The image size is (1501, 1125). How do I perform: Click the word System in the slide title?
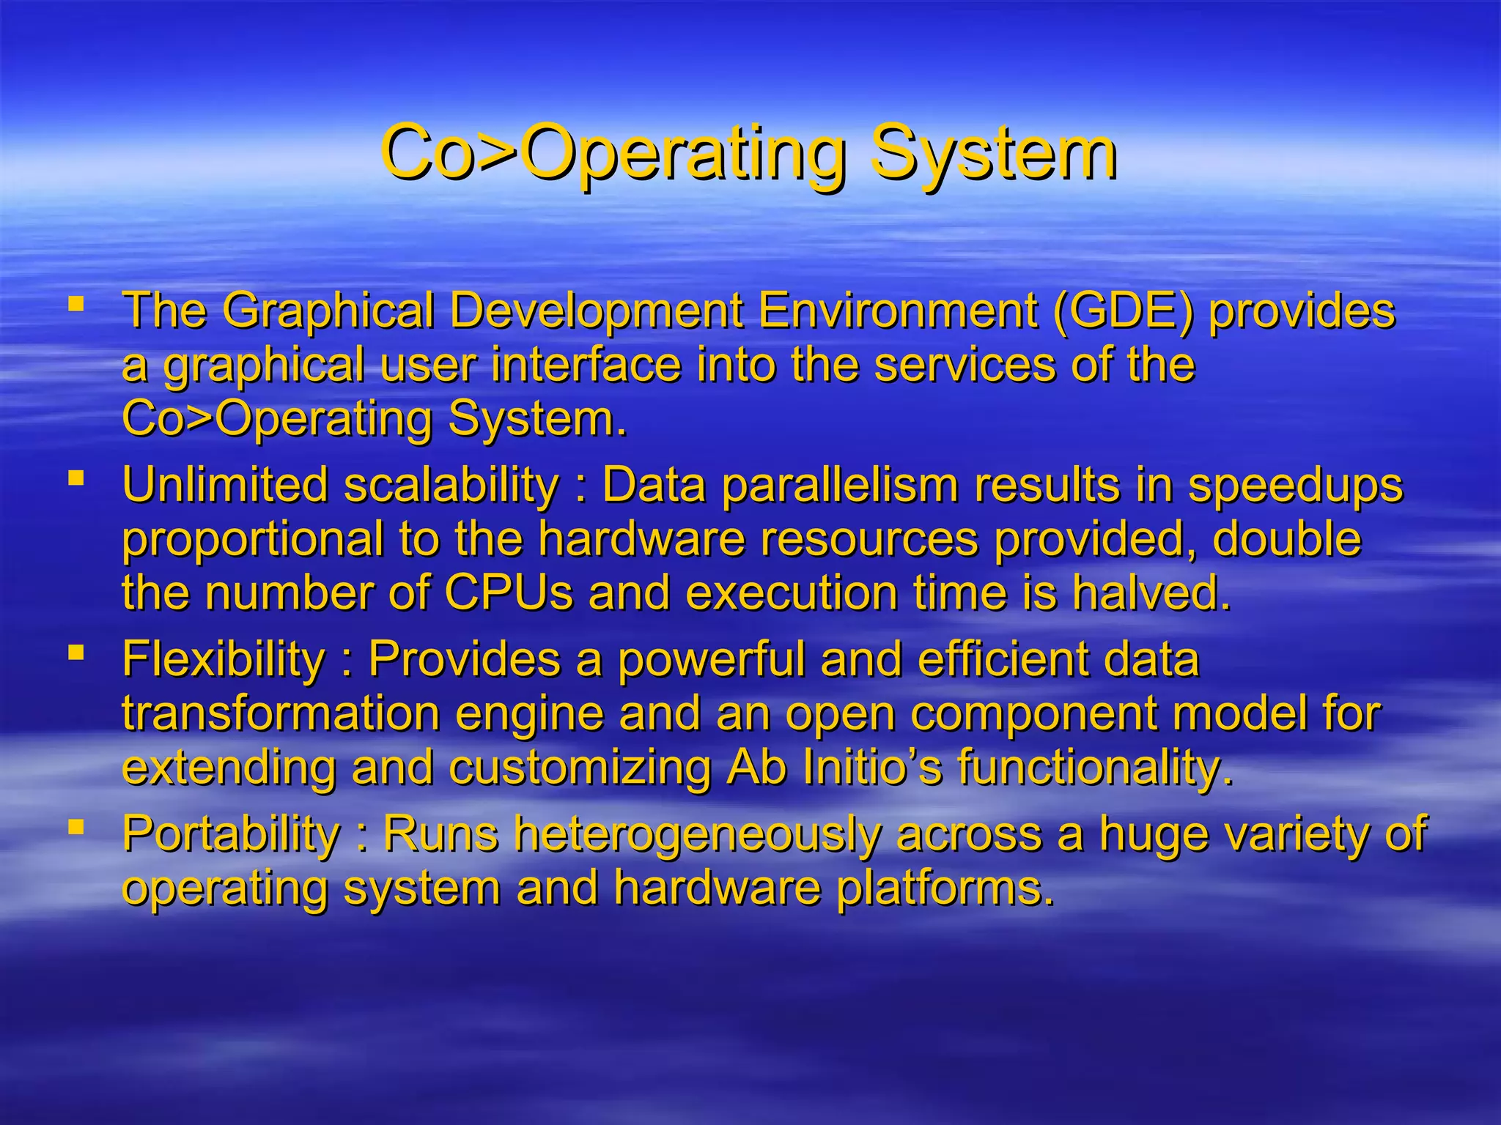click(x=992, y=154)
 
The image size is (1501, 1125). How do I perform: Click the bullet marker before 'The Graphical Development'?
click(x=75, y=302)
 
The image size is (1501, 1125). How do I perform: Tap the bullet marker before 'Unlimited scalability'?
click(x=75, y=478)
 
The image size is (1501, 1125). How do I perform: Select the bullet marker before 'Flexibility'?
click(x=75, y=652)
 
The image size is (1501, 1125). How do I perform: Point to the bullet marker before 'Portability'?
click(x=75, y=826)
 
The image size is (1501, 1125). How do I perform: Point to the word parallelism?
click(x=840, y=486)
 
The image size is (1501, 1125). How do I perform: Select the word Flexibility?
click(x=224, y=659)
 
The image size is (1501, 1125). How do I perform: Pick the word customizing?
click(x=580, y=768)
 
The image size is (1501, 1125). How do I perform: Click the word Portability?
click(x=231, y=833)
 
